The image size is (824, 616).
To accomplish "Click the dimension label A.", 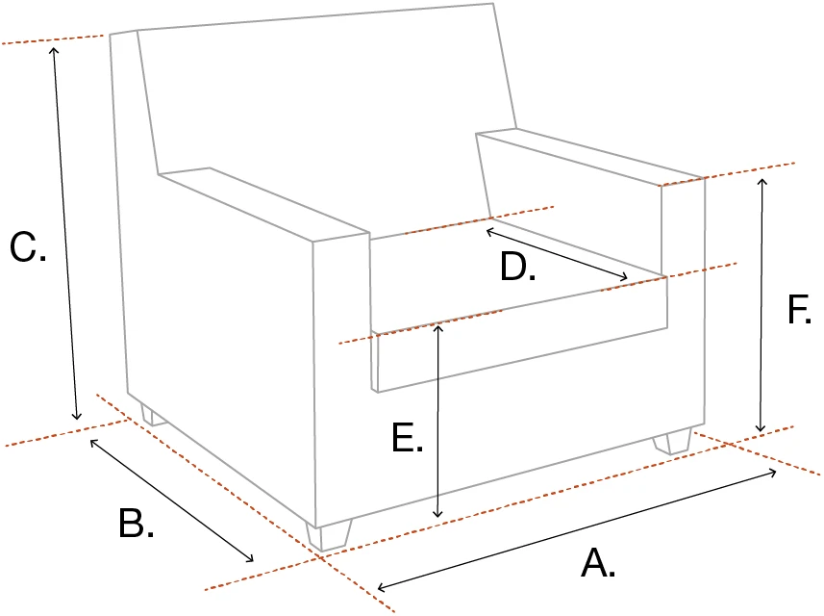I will [597, 562].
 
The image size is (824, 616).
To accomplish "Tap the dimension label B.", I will [136, 524].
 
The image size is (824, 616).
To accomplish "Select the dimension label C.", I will [27, 248].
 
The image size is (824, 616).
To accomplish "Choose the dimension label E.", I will [408, 437].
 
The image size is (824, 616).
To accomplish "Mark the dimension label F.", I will [800, 310].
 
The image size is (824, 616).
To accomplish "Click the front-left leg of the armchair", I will [329, 536].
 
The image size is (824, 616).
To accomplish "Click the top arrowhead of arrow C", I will [55, 47].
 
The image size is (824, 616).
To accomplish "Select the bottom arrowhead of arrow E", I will [438, 518].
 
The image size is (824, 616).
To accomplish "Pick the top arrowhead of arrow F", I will [763, 180].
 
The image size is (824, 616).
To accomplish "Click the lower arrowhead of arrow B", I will [252, 559].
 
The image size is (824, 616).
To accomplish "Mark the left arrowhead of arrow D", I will [487, 229].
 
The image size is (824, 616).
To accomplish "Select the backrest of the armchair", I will [327, 106].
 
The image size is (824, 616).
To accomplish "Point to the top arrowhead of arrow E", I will [438, 327].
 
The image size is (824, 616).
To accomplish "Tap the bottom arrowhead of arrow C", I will [77, 417].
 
